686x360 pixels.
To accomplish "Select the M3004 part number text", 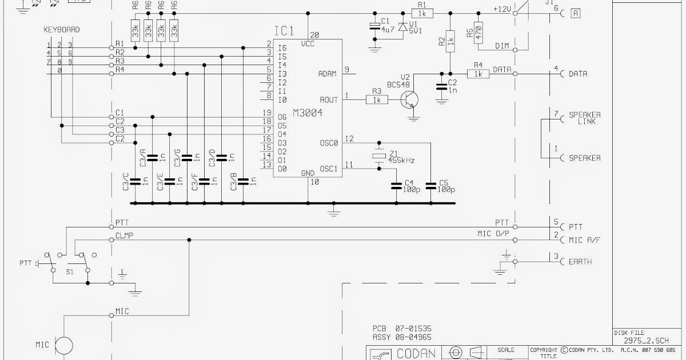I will click(307, 113).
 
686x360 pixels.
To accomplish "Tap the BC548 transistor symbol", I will click(409, 99).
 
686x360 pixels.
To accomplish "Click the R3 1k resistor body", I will click(377, 100).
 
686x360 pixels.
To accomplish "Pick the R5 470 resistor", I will click(478, 32).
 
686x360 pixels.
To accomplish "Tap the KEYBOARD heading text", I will click(62, 30).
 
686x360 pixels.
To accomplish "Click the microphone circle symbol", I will click(64, 345).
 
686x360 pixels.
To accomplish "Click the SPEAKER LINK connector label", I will click(584, 118).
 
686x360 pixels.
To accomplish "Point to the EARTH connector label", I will click(580, 262).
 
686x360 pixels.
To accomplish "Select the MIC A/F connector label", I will click(584, 240).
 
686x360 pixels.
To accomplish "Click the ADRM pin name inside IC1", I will click(328, 74).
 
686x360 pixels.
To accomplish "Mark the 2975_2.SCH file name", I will click(646, 341).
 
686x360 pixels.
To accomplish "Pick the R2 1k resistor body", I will click(450, 41).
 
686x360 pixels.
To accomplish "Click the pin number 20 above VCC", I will click(314, 34).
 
